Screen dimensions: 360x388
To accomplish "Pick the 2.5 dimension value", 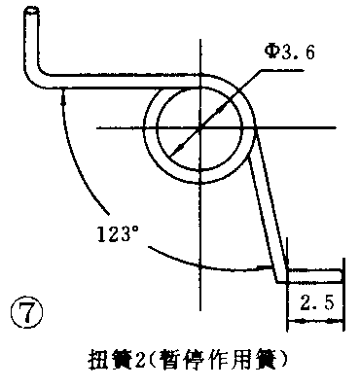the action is [313, 303].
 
